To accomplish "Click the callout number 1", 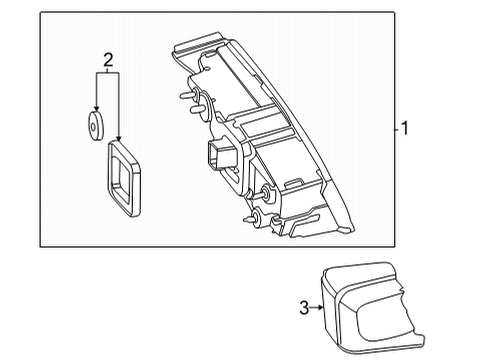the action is coord(405,128).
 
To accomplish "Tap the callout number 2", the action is coord(108,60).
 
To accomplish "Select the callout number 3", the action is coord(304,308).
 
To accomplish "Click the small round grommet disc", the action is coord(96,126).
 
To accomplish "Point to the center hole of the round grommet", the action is coord(93,127).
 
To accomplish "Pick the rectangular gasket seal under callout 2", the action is coord(124,178).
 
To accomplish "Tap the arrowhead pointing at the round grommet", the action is coord(97,108).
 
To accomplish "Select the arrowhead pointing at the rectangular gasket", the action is coord(118,137).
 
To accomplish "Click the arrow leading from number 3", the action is coord(316,308).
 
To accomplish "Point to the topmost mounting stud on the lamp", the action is coord(188,95).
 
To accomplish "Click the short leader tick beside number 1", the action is coord(397,129).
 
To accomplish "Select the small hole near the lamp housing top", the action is coord(208,69).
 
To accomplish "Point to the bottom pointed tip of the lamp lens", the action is coord(352,229).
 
